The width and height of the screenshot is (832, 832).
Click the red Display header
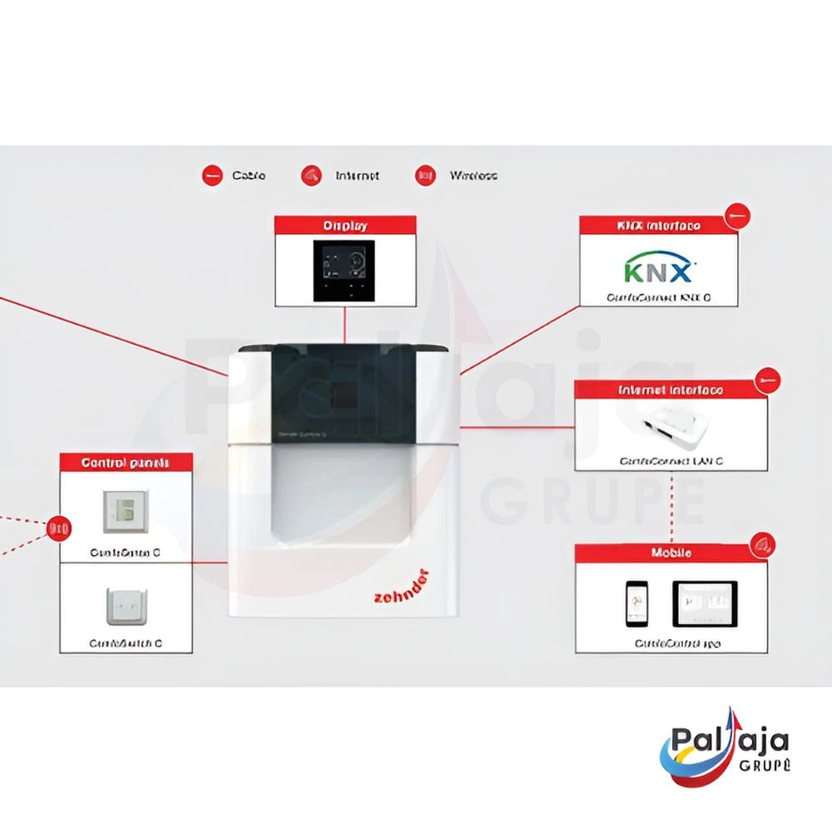(x=345, y=225)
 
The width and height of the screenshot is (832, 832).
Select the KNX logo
(x=658, y=270)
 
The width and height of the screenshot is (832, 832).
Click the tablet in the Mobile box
(x=705, y=603)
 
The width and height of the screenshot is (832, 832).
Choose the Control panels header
(x=126, y=463)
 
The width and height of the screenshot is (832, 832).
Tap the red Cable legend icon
(x=212, y=176)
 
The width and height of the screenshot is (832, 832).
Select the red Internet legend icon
(x=313, y=176)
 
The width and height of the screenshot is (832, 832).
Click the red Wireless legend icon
(x=426, y=176)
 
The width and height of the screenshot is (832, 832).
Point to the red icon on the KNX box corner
(x=736, y=215)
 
